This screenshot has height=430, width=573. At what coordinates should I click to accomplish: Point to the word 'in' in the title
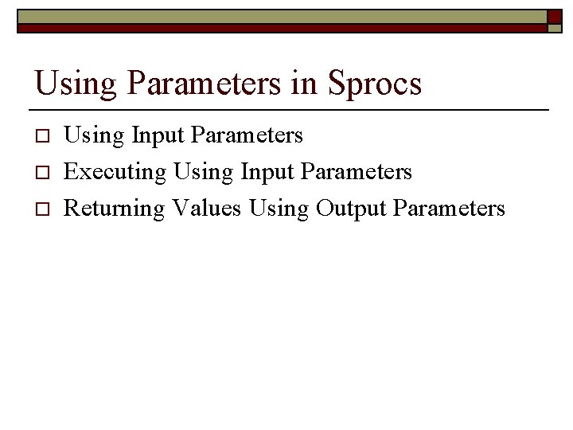(304, 82)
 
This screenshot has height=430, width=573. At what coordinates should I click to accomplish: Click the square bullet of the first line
(44, 136)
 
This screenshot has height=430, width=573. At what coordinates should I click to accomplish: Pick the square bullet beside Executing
(44, 173)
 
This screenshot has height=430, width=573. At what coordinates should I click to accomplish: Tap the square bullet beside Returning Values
(44, 209)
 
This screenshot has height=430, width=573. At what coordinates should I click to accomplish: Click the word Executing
(115, 172)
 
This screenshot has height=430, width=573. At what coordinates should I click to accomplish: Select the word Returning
(114, 209)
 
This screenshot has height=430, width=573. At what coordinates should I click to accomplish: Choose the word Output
(351, 209)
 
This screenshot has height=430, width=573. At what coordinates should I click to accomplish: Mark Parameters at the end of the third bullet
(450, 208)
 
